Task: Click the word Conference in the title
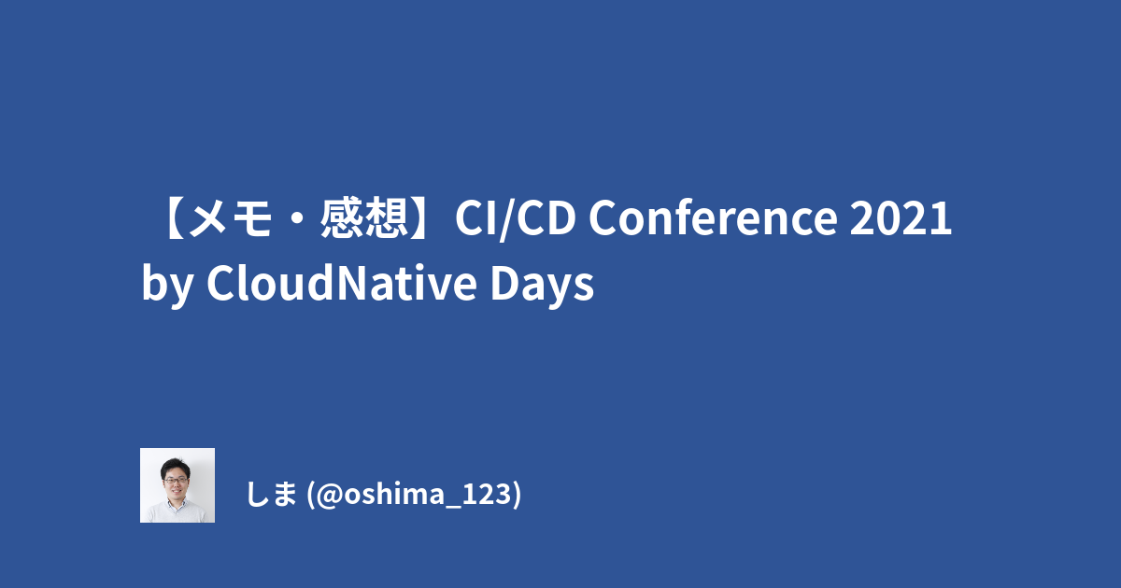pos(713,217)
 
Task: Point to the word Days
pos(542,284)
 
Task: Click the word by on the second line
pos(167,285)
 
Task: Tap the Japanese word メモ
pos(232,217)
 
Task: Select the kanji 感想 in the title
pos(364,217)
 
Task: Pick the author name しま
pos(272,494)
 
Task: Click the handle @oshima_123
pos(416,494)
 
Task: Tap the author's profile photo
pos(177,485)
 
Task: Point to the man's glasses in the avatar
pos(176,481)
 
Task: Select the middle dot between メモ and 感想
pos(297,219)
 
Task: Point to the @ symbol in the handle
pos(329,495)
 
